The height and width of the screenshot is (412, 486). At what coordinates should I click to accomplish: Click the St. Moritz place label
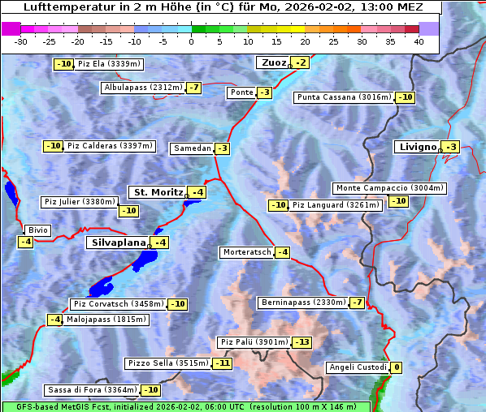(x=158, y=192)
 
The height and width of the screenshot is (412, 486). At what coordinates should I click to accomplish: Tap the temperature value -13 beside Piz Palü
(x=302, y=342)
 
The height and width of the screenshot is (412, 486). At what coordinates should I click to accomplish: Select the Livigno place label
(x=417, y=147)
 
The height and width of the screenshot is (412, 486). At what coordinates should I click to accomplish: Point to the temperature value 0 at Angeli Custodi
(x=397, y=367)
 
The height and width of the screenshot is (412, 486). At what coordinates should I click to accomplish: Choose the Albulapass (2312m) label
(x=143, y=88)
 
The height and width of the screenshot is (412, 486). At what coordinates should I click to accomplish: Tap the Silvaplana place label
(x=118, y=242)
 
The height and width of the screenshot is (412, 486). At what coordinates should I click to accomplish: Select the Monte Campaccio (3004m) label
(x=389, y=188)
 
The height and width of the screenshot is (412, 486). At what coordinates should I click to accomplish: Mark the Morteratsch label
(x=246, y=252)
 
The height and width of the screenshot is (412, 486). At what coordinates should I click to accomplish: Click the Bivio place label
(x=38, y=230)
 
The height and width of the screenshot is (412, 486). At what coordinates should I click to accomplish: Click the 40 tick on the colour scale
(x=419, y=41)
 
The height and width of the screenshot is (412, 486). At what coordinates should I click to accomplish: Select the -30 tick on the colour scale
(x=21, y=41)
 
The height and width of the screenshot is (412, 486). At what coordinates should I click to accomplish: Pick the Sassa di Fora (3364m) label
(x=92, y=390)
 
